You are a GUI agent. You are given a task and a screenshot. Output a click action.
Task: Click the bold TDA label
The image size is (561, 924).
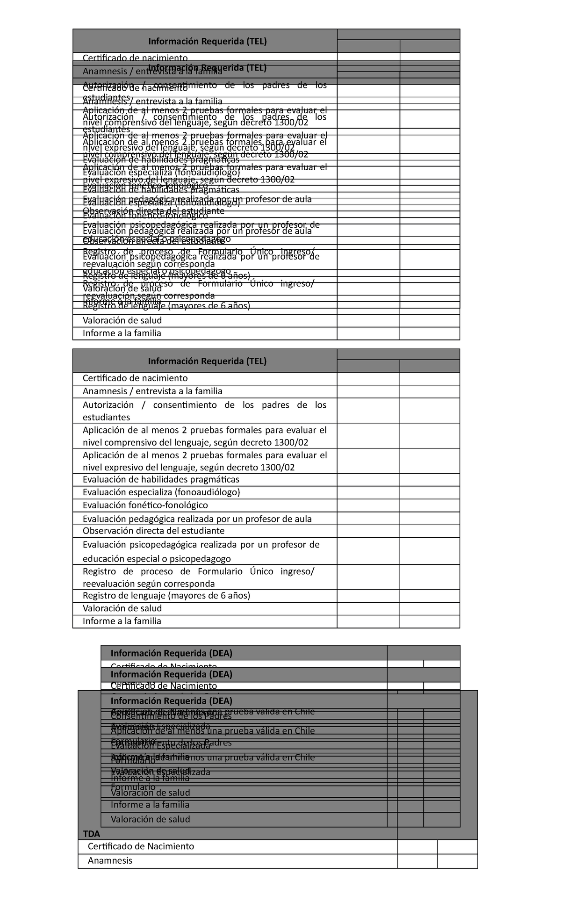click(91, 833)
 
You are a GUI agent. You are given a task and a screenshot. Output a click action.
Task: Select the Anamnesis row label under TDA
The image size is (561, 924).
click(110, 860)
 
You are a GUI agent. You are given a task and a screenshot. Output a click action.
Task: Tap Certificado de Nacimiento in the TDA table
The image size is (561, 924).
click(141, 846)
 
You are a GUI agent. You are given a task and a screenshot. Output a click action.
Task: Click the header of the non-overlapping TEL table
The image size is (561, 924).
click(207, 361)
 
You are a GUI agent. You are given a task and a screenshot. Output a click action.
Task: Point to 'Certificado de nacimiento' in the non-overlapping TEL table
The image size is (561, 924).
click(135, 378)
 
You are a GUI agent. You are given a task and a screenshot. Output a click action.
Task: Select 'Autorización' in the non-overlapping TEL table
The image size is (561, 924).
click(108, 405)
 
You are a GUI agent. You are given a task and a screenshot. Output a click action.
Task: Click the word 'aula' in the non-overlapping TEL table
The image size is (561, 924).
click(303, 519)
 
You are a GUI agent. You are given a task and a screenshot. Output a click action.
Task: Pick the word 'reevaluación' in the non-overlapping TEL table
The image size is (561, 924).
click(109, 584)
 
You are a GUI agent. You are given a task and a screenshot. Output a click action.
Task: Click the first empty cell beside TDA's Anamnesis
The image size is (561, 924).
click(417, 860)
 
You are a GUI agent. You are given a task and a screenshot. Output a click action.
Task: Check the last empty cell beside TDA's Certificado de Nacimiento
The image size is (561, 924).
click(457, 846)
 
